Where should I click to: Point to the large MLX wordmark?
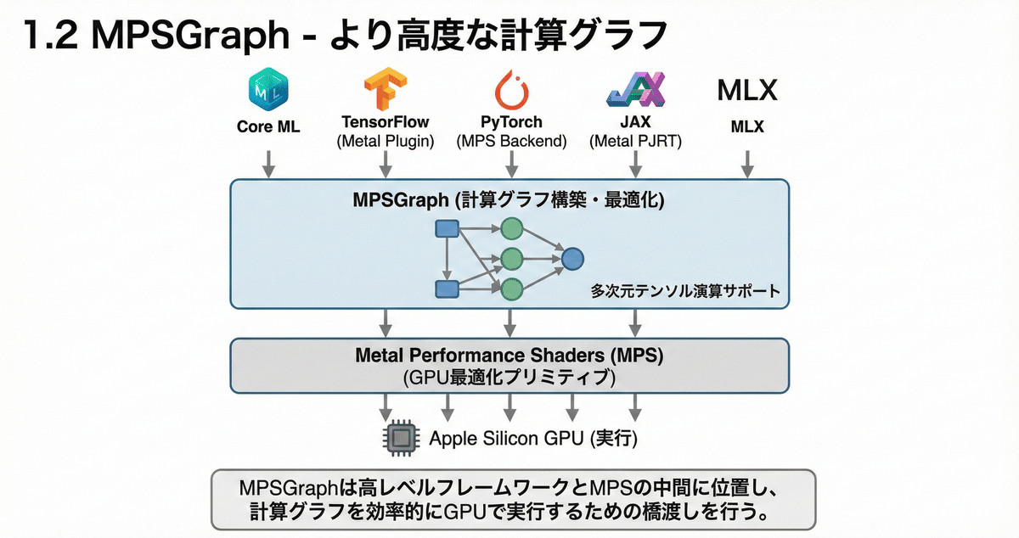tap(747, 90)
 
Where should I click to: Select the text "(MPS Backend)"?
tap(511, 141)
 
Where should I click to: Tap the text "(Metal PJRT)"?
tap(635, 141)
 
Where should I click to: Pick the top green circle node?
tap(510, 228)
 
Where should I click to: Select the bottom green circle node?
tap(510, 289)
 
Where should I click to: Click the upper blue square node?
tap(447, 228)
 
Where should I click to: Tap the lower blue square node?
tap(447, 289)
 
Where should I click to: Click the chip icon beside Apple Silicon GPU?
tap(402, 439)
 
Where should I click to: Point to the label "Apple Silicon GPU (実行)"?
tap(532, 439)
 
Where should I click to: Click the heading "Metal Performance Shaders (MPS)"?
tap(509, 356)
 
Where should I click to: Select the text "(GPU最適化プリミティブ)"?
tap(509, 376)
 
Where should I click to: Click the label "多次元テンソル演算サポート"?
tap(685, 291)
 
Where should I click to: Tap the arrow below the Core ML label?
tap(268, 163)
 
